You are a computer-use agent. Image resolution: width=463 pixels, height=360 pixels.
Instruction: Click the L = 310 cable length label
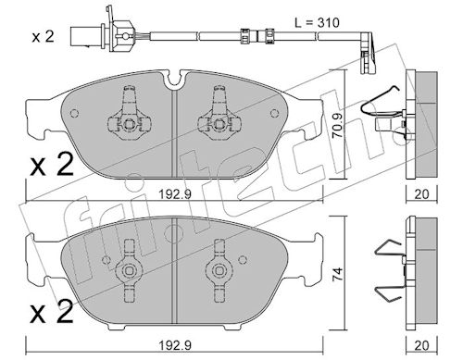(x=317, y=22)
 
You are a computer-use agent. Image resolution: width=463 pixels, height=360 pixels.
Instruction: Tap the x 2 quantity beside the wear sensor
(x=44, y=37)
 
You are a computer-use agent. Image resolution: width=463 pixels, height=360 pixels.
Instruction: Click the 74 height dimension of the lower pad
(x=338, y=274)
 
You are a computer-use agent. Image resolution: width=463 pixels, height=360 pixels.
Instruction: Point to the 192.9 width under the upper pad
(x=175, y=194)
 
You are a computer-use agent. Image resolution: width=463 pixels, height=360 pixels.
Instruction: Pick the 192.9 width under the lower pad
(x=175, y=345)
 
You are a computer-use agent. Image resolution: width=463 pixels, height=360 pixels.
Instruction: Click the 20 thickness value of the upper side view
(x=421, y=194)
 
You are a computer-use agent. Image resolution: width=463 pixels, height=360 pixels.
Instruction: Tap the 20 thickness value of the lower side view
(x=421, y=345)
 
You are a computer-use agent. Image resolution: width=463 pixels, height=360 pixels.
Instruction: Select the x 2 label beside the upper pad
(x=52, y=165)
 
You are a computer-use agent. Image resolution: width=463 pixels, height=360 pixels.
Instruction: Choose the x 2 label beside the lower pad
(x=52, y=312)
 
